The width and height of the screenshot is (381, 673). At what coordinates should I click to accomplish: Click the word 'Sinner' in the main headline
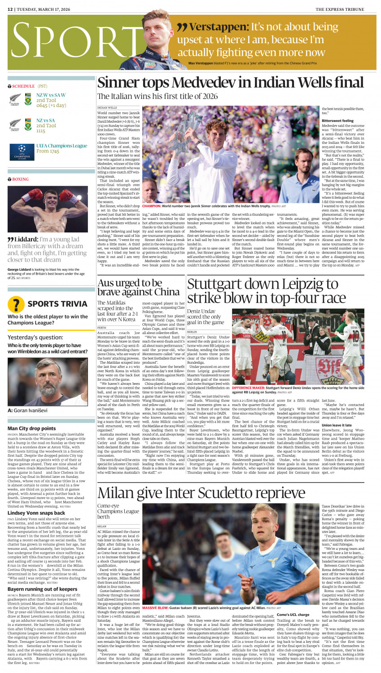[x=120, y=83]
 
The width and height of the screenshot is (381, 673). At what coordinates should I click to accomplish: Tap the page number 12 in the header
[x=10, y=9]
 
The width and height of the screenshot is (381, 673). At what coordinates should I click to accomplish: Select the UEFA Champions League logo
[x=22, y=152]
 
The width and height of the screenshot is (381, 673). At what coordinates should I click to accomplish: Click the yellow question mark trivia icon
[x=16, y=304]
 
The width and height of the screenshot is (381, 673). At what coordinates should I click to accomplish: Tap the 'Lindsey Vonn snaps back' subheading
[x=36, y=513]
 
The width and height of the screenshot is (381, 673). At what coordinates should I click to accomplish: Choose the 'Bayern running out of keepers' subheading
[x=42, y=589]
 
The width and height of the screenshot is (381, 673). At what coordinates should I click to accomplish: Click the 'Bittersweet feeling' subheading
[x=337, y=120]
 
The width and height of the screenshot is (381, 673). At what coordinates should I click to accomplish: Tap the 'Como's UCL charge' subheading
[x=293, y=615]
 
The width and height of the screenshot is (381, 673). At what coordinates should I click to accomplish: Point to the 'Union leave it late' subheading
[x=337, y=425]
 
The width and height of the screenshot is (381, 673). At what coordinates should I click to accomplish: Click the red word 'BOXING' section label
[x=20, y=179]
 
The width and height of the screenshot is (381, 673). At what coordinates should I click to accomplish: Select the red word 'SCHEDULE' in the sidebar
[x=23, y=86]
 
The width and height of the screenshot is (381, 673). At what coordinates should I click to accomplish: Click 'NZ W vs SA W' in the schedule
[x=51, y=95]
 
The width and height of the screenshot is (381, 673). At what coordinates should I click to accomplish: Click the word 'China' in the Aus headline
[x=164, y=292]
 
